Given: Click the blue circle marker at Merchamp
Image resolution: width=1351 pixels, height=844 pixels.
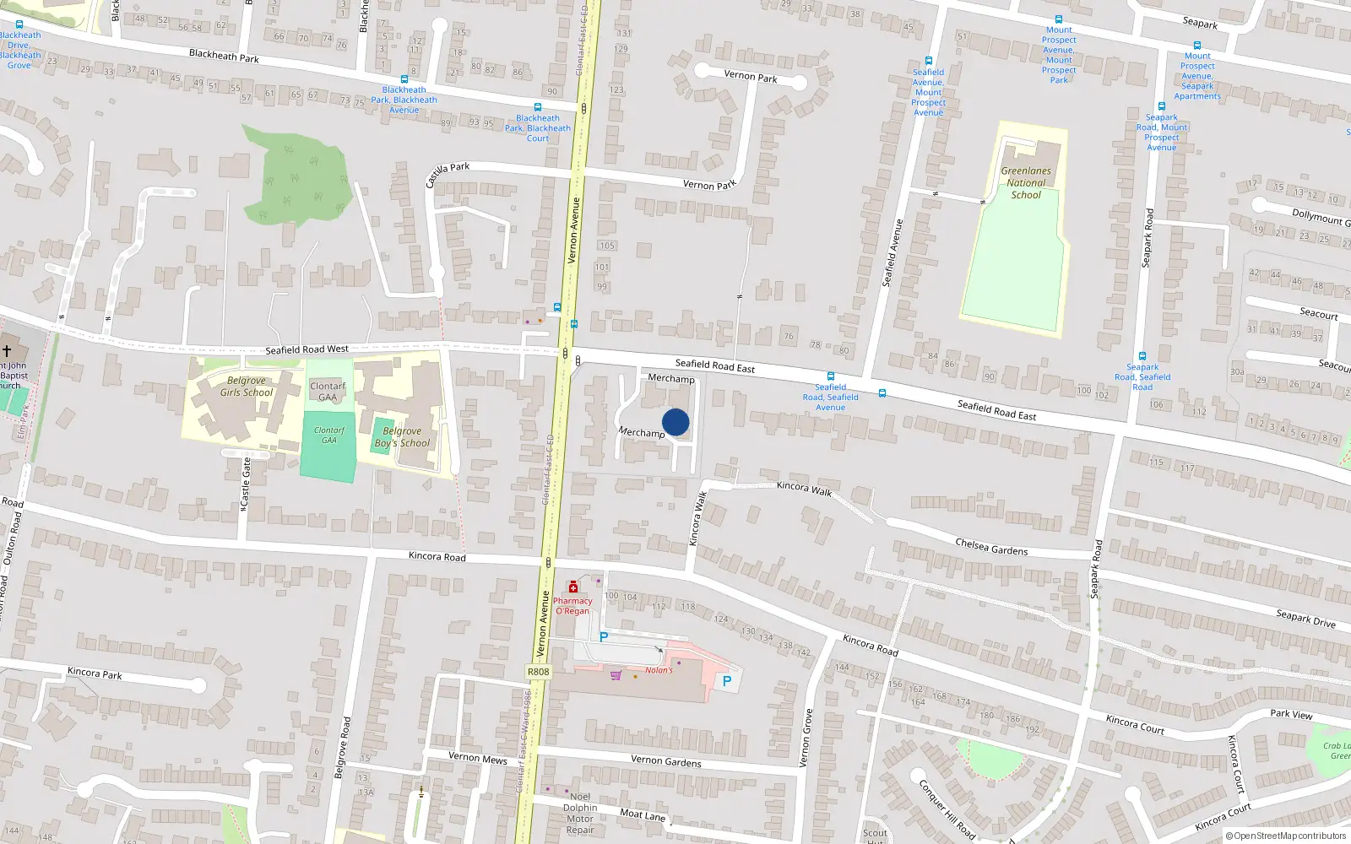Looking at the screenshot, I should coord(675,422).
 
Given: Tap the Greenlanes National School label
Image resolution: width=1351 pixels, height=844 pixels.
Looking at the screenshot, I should coord(1026,182).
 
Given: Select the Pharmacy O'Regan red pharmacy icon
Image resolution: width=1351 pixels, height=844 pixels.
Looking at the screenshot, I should coord(573,587).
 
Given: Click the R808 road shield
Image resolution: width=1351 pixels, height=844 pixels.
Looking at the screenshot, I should coord(538,672).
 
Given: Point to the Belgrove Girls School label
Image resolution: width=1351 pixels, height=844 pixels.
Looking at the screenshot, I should coord(247,387).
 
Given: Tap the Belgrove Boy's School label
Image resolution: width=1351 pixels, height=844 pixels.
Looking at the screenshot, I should coord(402,437).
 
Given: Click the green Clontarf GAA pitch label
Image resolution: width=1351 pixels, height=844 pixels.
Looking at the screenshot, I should coord(328,435).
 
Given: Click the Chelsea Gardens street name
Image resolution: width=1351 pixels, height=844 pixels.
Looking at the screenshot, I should coord(991,547).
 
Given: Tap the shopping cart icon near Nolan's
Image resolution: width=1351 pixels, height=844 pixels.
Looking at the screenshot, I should coord(616,675).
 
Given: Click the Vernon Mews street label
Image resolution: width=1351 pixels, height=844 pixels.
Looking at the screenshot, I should coord(478,758).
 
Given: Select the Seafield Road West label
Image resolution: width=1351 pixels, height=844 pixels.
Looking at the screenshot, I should coord(307,349).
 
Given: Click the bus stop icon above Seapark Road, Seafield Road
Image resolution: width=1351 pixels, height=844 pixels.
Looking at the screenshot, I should coord(1142,356).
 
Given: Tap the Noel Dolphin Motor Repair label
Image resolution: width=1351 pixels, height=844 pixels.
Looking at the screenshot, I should coord(580,813).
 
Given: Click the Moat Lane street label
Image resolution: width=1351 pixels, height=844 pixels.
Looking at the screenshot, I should coord(643,814).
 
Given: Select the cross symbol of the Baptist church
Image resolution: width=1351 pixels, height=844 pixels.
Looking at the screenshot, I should coord(7,350).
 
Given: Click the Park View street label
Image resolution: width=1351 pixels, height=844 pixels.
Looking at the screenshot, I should coord(1291,714).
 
